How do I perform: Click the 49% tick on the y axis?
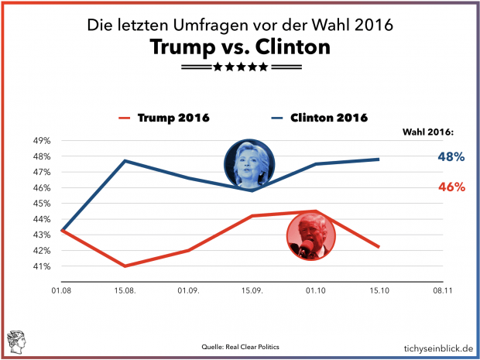point(41,141)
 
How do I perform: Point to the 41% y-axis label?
point(41,266)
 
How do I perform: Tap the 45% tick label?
point(41,204)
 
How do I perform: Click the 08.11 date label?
point(443,292)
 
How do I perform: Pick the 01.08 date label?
point(61,292)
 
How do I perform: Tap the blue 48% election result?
point(451,156)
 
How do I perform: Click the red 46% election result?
point(451,187)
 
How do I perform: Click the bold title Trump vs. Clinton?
point(240,47)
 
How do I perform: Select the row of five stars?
point(240,67)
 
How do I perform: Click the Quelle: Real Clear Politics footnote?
point(239,347)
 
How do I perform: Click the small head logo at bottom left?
point(15,341)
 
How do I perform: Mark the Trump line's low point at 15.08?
point(125,266)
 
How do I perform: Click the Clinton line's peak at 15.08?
point(125,161)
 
